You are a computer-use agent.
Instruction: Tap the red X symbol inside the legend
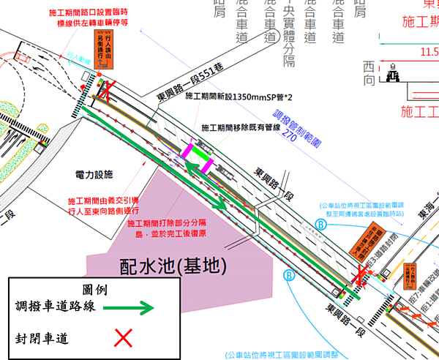[124, 337]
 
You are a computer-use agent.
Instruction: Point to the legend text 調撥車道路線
[56, 307]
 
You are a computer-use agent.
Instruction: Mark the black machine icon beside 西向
[393, 73]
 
